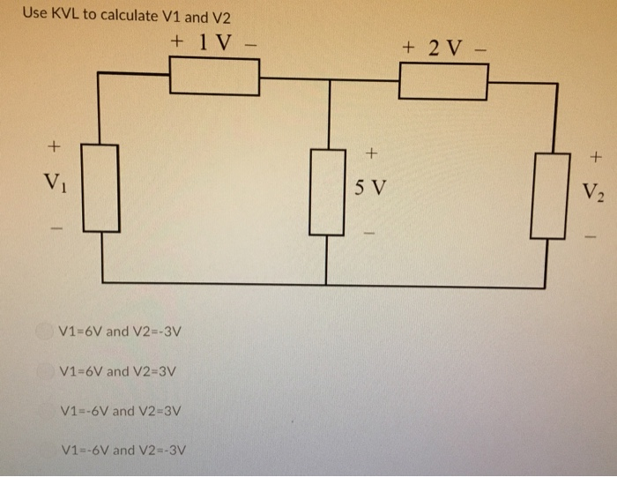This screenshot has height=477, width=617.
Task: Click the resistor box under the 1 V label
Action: tap(214, 77)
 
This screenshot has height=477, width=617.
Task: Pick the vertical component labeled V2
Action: tap(547, 195)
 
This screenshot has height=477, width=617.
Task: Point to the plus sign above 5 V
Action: tap(371, 153)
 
